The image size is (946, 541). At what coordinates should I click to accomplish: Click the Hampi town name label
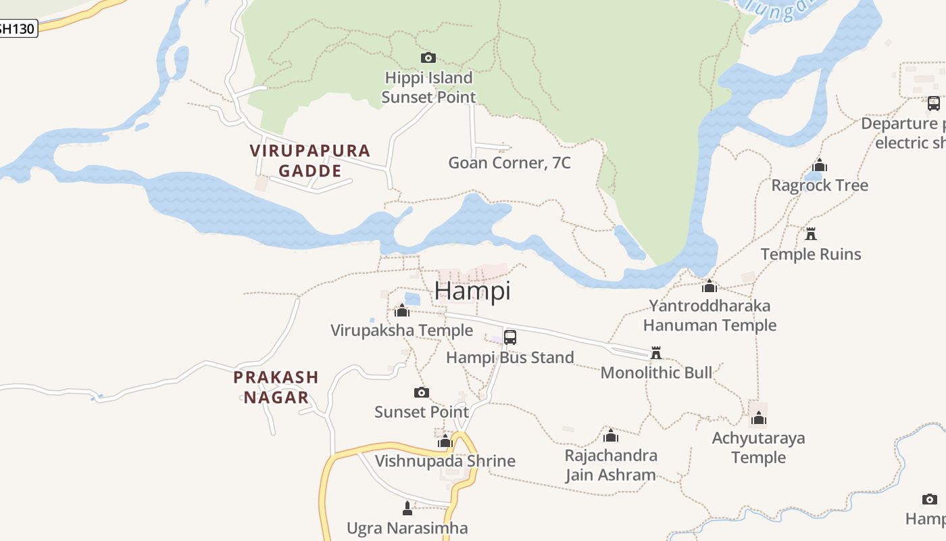pos(472,290)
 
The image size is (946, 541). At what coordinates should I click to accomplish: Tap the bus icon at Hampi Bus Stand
pos(510,337)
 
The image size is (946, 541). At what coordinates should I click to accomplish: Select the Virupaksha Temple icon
pos(402,310)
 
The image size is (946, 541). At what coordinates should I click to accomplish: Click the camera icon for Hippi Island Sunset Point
pos(428,57)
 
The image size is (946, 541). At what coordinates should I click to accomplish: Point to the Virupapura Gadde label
pos(310,160)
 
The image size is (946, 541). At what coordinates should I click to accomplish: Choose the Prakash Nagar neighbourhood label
pos(276,387)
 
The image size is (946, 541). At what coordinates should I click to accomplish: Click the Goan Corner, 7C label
pos(509,163)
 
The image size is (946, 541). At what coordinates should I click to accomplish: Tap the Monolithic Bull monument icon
pos(655,352)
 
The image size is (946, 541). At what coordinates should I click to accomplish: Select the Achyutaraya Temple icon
pos(759,418)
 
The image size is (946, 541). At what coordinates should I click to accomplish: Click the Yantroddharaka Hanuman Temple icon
pos(709,286)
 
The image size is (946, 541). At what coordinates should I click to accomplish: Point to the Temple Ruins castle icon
pos(811,234)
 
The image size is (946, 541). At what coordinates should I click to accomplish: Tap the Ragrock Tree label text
pos(820,185)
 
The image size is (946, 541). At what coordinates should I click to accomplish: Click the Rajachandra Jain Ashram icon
pos(611,436)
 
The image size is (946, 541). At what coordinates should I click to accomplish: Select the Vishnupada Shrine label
pos(445,461)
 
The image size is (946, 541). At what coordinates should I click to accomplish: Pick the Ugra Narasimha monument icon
pos(407,508)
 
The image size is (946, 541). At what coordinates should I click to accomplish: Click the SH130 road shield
pos(18,28)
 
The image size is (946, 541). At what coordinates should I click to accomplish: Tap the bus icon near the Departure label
pos(933,103)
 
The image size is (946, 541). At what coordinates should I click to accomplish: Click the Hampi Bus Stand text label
pos(510,358)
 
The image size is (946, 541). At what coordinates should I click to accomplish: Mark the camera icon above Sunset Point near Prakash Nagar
pos(422,392)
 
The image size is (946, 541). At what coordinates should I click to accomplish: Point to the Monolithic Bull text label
pos(656,373)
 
